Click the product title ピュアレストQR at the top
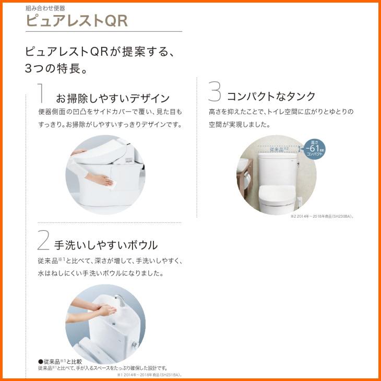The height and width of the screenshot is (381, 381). point(76,21)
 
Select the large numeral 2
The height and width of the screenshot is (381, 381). point(43,241)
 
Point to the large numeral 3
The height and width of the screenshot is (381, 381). point(215,92)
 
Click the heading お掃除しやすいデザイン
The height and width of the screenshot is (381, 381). point(112,98)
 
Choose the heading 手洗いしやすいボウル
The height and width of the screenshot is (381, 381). point(106,245)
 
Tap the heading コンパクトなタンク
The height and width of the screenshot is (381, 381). point(271,96)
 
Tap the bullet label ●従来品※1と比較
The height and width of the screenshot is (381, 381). point(59,361)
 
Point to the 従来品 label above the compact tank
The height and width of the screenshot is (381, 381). point(279,149)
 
